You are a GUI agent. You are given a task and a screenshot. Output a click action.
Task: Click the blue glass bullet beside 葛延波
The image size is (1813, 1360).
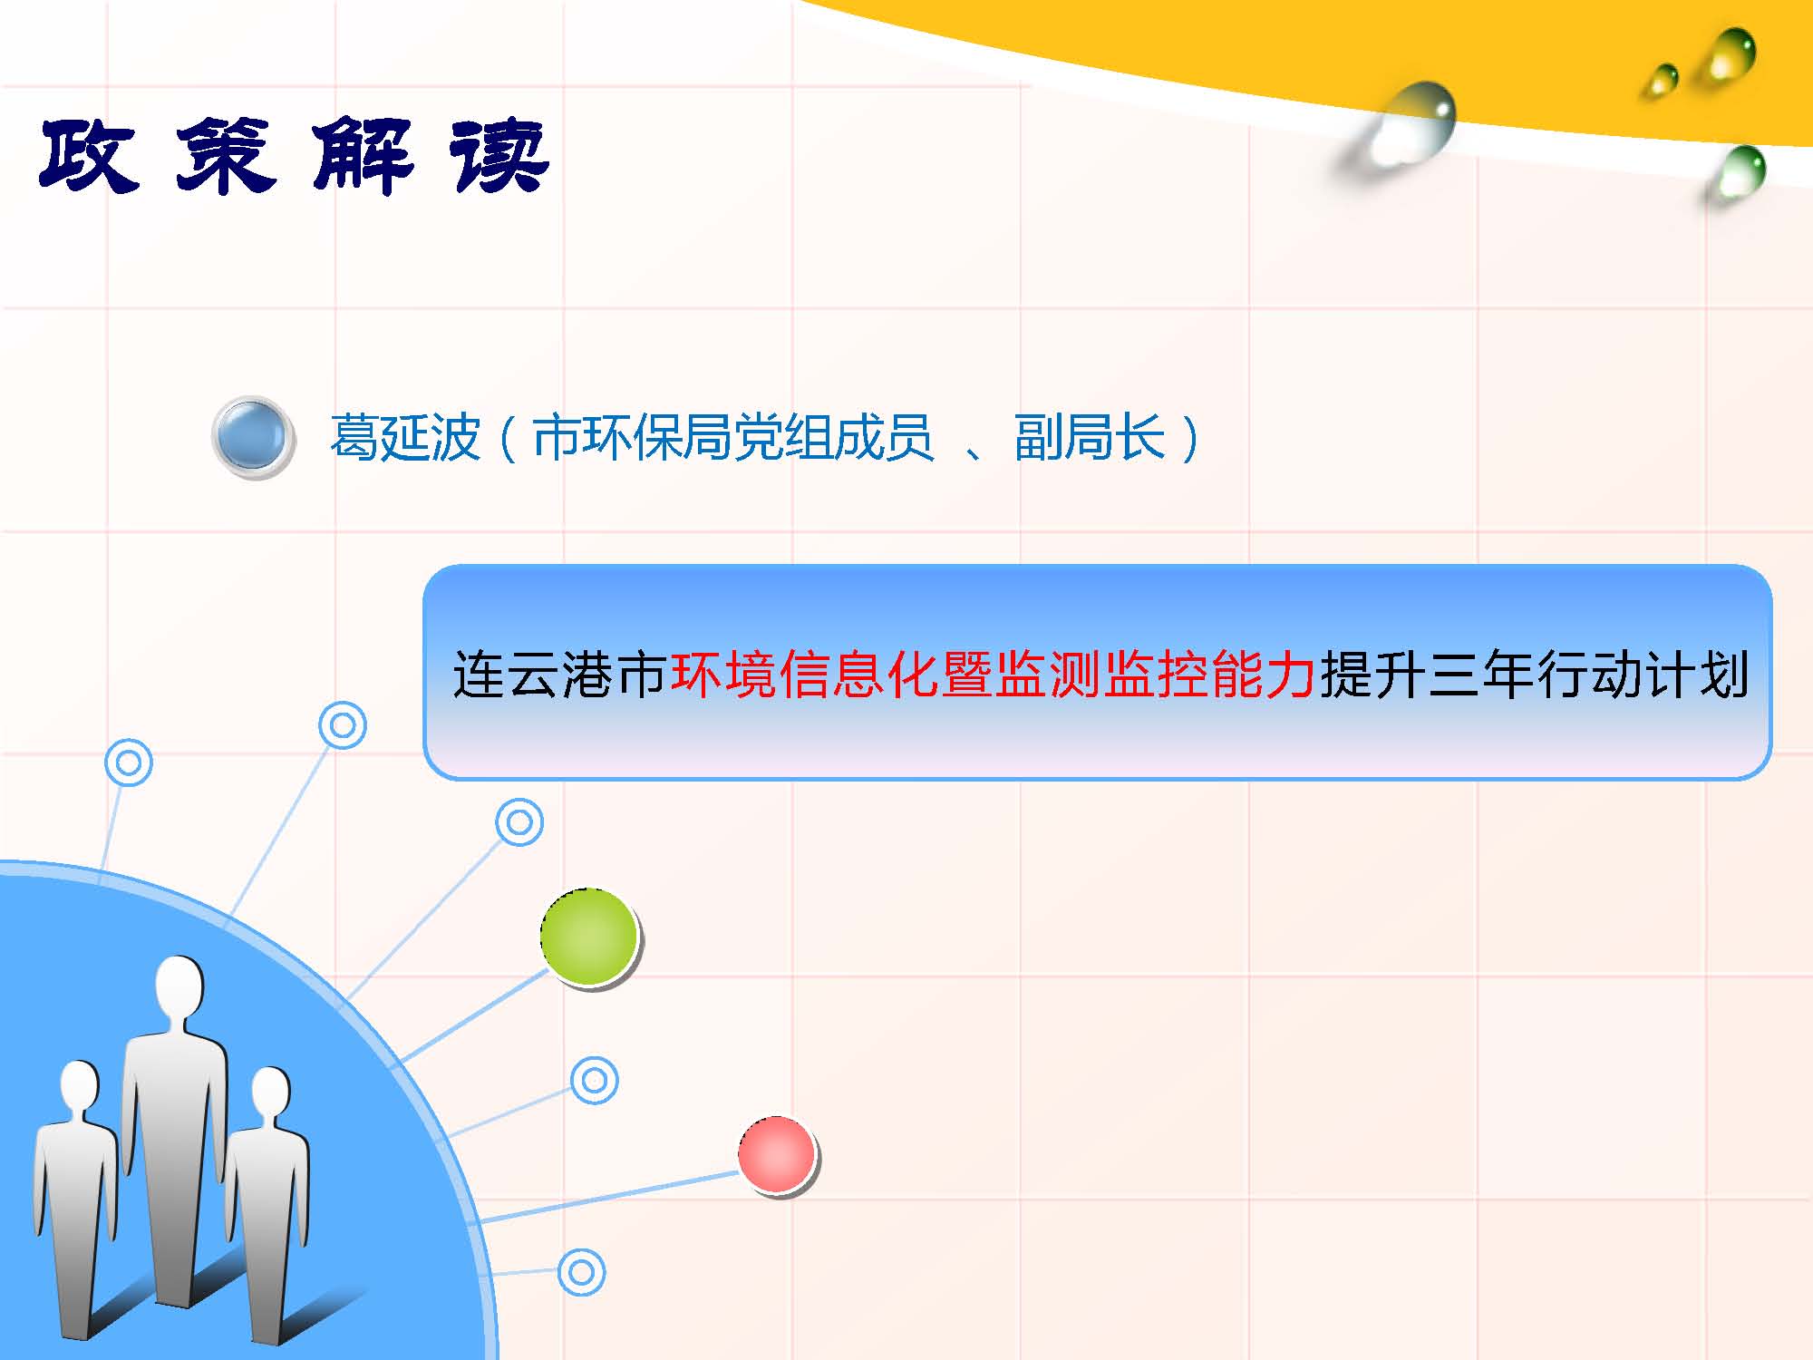253,437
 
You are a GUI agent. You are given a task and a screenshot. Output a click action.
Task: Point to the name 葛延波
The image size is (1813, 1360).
404,438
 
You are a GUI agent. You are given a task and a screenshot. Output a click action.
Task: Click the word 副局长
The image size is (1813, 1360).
1090,438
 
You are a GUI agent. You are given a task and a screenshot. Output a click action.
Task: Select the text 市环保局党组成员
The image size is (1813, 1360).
732,438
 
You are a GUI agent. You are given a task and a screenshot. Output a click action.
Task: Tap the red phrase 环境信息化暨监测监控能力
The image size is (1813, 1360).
993,675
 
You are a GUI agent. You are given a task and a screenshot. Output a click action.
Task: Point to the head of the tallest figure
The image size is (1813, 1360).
179,990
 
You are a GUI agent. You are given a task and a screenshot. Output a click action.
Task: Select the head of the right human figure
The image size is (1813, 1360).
270,1096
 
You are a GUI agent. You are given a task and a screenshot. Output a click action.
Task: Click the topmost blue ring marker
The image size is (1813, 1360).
343,725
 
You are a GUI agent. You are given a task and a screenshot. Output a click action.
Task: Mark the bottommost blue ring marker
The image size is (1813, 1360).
581,1271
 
